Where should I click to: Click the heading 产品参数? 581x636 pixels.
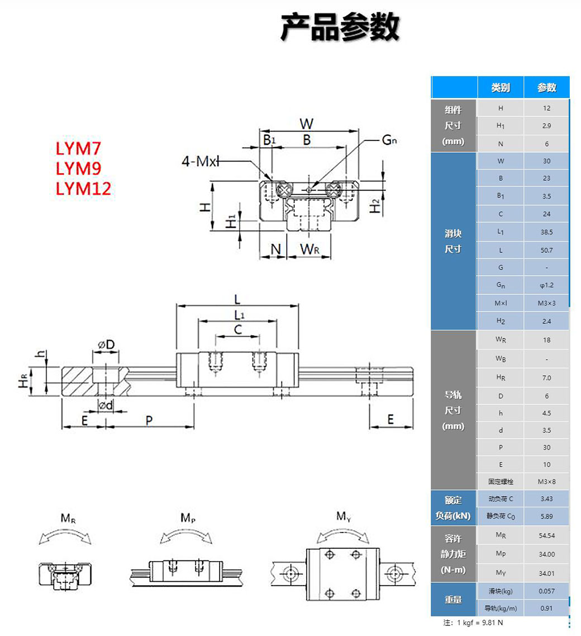point(340,27)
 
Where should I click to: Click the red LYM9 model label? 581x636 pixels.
point(78,168)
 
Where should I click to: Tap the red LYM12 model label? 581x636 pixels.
point(83,189)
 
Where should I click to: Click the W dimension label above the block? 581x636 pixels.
point(307,123)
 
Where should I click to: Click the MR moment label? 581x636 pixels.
point(68,519)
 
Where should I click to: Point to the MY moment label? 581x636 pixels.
point(344,516)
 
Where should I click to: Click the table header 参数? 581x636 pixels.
point(546,87)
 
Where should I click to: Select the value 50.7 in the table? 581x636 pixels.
point(546,250)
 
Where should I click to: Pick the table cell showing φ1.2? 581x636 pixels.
point(546,285)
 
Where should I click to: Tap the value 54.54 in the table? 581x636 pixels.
point(546,535)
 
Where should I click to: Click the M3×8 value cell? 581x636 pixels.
point(546,481)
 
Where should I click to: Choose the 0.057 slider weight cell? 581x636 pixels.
point(546,591)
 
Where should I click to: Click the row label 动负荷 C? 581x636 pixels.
point(501,499)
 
